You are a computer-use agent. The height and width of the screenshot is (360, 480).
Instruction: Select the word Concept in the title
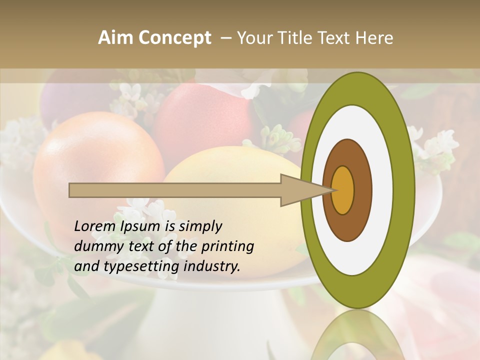pyautogui.click(x=174, y=38)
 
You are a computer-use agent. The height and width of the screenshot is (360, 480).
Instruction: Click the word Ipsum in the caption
pyautogui.click(x=141, y=227)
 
